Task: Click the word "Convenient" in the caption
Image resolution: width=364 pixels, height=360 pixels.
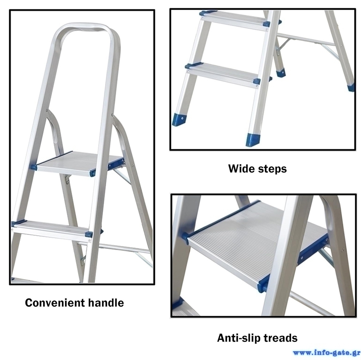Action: tap(55, 303)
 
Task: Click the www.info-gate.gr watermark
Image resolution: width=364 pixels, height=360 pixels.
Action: tap(327, 353)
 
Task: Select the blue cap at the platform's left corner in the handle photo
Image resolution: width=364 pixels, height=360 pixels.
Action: tap(33, 167)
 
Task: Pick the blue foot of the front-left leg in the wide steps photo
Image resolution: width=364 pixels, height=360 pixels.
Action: tap(179, 120)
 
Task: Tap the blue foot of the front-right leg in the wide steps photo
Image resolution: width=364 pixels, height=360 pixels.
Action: tap(253, 140)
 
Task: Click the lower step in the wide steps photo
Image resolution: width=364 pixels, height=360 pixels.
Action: tap(223, 74)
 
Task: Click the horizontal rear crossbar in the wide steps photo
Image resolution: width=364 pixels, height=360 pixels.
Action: tap(306, 39)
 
